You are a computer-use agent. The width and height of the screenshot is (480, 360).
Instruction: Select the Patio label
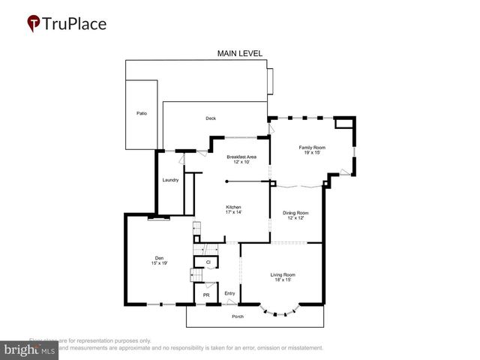click(142, 113)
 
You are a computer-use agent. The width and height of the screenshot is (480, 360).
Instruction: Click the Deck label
click(211, 118)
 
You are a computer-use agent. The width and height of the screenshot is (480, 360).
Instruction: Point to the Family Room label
click(312, 148)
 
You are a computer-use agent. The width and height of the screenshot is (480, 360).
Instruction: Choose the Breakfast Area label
click(241, 156)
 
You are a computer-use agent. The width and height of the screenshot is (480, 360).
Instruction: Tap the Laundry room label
click(170, 180)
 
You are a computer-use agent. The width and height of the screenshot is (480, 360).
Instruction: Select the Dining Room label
click(295, 212)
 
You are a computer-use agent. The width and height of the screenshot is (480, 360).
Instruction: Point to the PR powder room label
click(206, 295)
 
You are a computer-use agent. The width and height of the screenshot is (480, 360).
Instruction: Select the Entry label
click(229, 292)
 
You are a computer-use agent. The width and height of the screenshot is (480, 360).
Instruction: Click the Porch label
click(237, 316)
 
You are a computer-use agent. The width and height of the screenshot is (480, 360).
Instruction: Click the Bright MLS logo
click(30, 349)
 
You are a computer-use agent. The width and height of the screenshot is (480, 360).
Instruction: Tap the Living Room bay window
click(280, 309)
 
